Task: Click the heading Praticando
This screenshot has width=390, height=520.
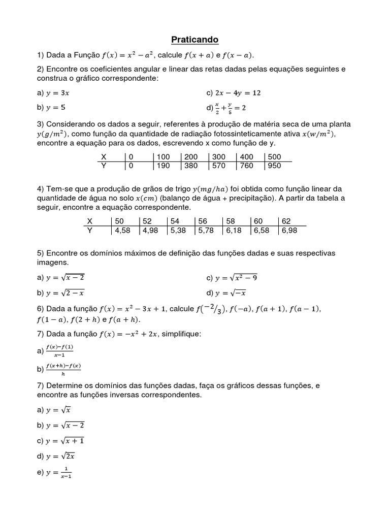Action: click(x=194, y=39)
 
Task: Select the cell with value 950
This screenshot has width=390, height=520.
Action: click(x=274, y=166)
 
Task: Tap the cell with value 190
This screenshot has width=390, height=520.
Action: click(x=163, y=166)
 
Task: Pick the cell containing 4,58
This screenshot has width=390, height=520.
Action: click(x=123, y=230)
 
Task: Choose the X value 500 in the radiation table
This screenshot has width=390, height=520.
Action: click(x=274, y=157)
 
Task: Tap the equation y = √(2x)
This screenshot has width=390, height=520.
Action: click(x=60, y=456)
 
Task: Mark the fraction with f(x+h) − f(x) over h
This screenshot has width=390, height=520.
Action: click(x=63, y=369)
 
